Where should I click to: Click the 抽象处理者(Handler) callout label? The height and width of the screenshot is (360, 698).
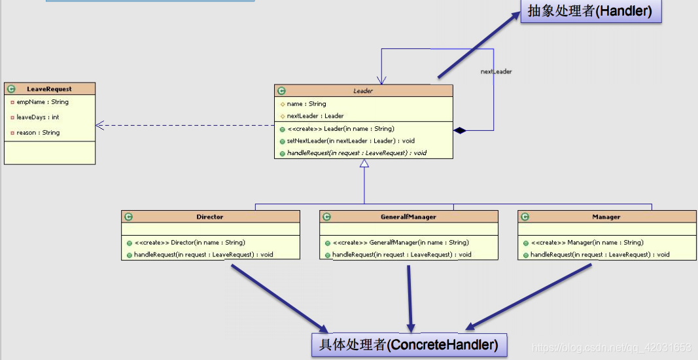click(x=590, y=11)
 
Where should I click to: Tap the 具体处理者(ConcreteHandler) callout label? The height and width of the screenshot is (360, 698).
click(x=409, y=343)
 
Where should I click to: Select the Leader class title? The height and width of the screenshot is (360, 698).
click(x=363, y=91)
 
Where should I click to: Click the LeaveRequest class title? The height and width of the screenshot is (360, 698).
click(x=50, y=89)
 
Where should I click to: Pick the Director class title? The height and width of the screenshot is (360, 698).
click(x=210, y=217)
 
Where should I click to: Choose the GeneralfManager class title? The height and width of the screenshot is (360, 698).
click(x=408, y=217)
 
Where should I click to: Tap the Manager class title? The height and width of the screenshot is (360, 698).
click(x=606, y=217)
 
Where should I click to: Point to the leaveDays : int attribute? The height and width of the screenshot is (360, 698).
click(x=38, y=117)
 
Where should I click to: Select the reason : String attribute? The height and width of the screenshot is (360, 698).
click(x=38, y=132)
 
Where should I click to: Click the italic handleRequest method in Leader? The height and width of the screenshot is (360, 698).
click(x=357, y=153)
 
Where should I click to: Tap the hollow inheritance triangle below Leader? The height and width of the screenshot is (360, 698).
click(x=364, y=163)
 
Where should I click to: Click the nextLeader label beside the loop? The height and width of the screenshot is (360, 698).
click(x=496, y=71)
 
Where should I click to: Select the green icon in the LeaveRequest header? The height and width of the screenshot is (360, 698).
click(x=11, y=89)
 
